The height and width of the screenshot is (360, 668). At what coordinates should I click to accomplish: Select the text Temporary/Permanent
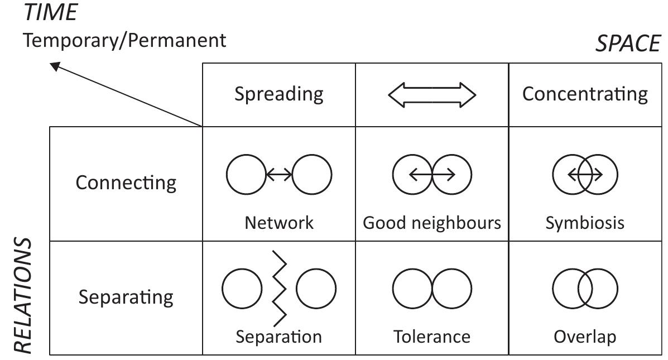[x=124, y=40]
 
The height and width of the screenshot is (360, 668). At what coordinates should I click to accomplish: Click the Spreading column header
[x=278, y=94]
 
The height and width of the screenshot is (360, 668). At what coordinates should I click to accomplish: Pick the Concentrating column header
[x=585, y=94]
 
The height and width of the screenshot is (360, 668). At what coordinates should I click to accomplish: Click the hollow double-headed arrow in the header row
[x=432, y=95]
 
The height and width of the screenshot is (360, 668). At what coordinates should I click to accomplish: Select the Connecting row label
[x=126, y=183]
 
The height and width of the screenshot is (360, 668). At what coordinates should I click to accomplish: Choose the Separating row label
[x=126, y=297]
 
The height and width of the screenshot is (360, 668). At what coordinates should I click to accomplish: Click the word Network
[x=279, y=223]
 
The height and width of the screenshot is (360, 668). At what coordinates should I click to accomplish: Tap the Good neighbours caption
[x=432, y=223]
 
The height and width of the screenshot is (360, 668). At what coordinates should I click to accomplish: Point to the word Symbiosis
[x=585, y=223]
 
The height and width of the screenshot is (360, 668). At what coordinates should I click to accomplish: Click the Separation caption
[x=278, y=337]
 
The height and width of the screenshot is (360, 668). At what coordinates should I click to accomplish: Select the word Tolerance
[x=432, y=337]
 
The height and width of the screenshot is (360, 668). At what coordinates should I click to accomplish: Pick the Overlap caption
[x=585, y=337]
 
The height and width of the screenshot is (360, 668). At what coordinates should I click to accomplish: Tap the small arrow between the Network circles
[x=279, y=175]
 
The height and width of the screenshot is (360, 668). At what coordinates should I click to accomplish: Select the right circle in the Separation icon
[x=316, y=289]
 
